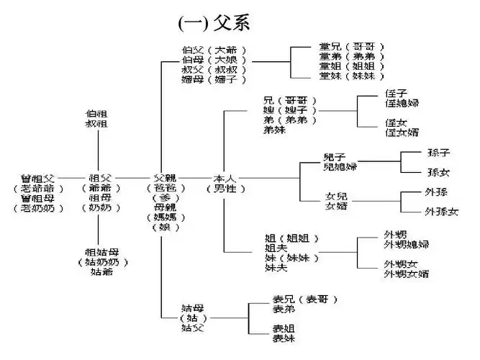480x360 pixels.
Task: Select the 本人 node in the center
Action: pyautogui.click(x=225, y=177)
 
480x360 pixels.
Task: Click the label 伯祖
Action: pyautogui.click(x=96, y=114)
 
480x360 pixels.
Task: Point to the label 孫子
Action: pyautogui.click(x=438, y=153)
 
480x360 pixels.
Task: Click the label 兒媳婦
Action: pyautogui.click(x=338, y=167)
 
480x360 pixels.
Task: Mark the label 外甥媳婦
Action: pyautogui.click(x=407, y=245)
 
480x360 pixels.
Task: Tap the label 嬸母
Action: pyautogui.click(x=192, y=79)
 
